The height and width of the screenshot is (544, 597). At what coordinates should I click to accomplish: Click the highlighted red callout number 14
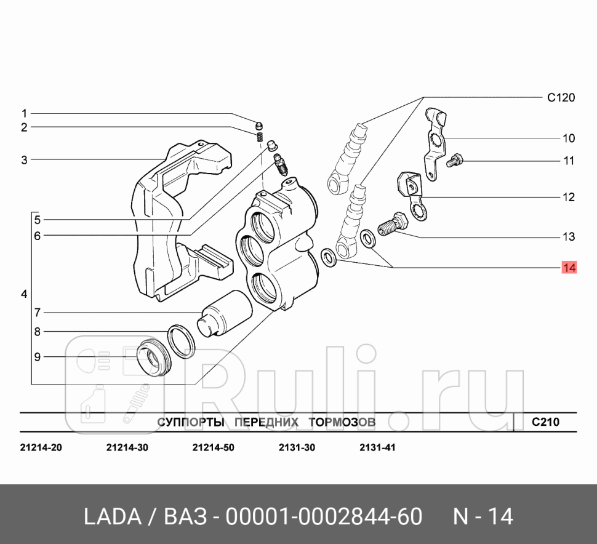pyautogui.click(x=568, y=268)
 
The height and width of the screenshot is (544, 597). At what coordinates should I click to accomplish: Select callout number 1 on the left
pyautogui.click(x=25, y=113)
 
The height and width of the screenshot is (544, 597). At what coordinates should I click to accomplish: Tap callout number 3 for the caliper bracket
pyautogui.click(x=25, y=160)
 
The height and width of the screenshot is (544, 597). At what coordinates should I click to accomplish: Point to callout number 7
pyautogui.click(x=37, y=311)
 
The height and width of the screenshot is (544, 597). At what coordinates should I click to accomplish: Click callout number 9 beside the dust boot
pyautogui.click(x=37, y=356)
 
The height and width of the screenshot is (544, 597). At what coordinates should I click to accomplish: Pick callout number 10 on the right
pyautogui.click(x=568, y=138)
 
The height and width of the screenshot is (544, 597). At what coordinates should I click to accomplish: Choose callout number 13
pyautogui.click(x=568, y=236)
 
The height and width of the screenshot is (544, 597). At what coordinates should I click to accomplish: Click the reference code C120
pyautogui.click(x=560, y=97)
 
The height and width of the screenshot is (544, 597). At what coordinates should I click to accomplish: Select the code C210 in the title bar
pyautogui.click(x=545, y=422)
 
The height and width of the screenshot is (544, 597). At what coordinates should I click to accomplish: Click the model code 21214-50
pyautogui.click(x=213, y=447)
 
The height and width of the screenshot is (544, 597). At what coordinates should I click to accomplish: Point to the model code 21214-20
pyautogui.click(x=41, y=447)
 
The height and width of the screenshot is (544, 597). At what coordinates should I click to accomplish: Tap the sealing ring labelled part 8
pyautogui.click(x=182, y=342)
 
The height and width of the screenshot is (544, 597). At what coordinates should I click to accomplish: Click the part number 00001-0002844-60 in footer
pyautogui.click(x=324, y=517)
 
